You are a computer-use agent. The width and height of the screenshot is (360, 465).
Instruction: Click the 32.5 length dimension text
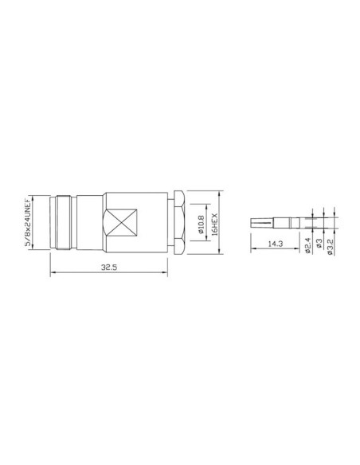click(x=110, y=268)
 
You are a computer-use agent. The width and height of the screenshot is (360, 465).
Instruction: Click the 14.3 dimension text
click(x=276, y=244)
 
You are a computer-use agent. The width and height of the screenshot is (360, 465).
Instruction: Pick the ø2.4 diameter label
click(x=308, y=244)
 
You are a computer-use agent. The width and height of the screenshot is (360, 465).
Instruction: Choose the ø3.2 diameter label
click(x=330, y=244)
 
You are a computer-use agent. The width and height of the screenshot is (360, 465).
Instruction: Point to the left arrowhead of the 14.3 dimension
click(x=252, y=248)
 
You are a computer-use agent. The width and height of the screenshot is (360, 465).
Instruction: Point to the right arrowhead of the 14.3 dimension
click(x=299, y=248)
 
